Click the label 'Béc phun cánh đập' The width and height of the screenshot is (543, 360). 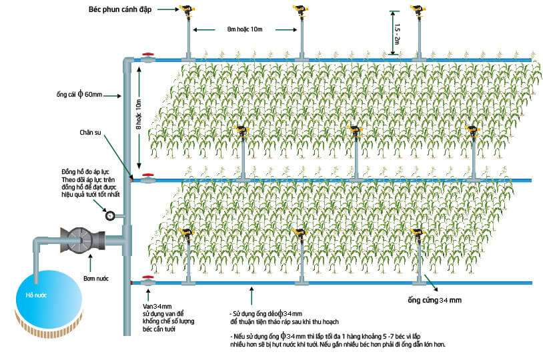point(120,10)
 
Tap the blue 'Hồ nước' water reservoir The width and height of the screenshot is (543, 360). point(49,299)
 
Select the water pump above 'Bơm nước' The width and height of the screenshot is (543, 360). point(83,240)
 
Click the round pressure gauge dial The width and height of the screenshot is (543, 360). point(110,215)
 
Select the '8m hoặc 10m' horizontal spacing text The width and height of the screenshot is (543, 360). point(245,29)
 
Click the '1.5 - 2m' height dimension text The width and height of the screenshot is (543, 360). point(397,34)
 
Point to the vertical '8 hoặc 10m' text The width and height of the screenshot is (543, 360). point(139,115)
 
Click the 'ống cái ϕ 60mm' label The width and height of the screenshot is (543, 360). point(79,94)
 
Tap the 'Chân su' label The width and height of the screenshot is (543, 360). point(90,133)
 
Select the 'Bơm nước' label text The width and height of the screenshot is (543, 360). point(96,279)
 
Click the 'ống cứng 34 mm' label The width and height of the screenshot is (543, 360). point(435,300)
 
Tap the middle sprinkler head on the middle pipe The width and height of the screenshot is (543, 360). point(356,131)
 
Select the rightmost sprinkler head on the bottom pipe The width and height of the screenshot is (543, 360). point(418,234)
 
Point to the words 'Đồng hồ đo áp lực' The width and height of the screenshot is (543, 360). point(85,172)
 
